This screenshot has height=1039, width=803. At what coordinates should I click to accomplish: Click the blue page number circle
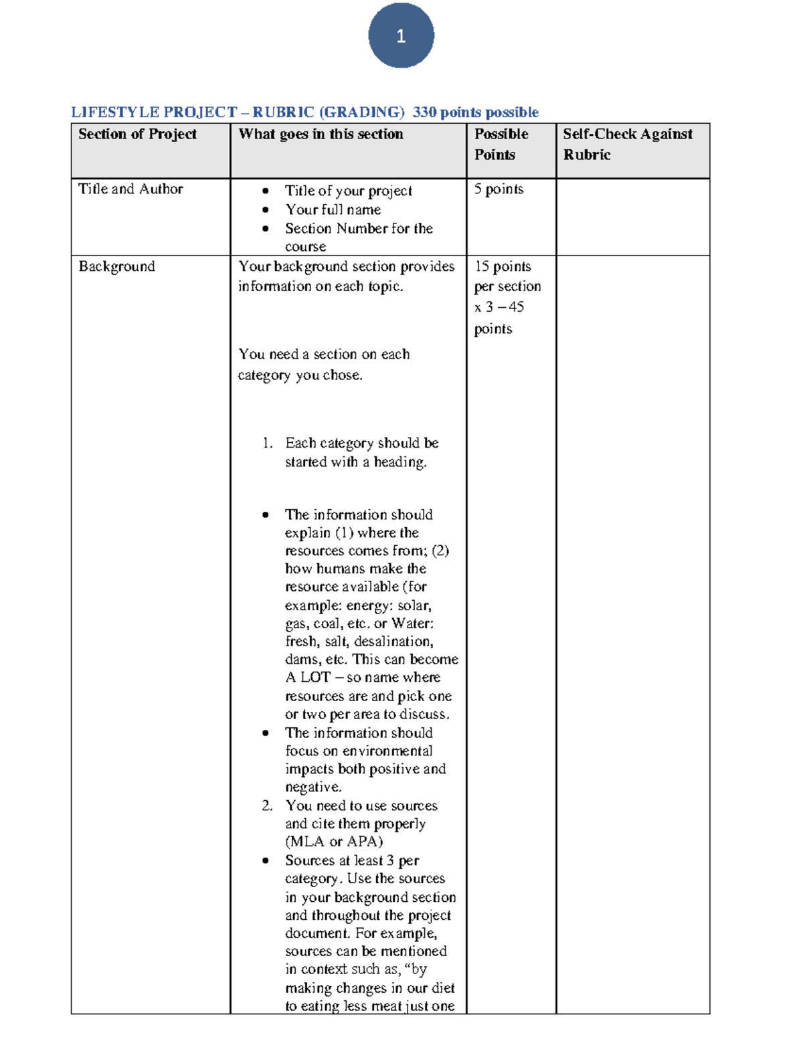coord(401,35)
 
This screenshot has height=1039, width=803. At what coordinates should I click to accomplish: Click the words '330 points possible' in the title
coord(475,112)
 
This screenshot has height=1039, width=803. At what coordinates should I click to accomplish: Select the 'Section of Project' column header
coord(137,134)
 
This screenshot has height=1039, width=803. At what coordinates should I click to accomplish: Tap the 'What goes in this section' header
coord(321,134)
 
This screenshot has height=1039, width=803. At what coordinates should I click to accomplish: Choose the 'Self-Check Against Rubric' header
coord(627,144)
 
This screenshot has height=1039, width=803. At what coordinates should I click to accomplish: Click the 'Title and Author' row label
coord(130,189)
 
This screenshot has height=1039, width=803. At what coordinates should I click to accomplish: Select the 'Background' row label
coord(116,266)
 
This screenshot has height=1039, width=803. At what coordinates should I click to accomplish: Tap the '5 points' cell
coord(499,189)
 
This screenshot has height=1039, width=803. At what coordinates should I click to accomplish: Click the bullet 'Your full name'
coord(333,209)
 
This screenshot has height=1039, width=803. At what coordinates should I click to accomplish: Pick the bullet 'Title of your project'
coord(348,191)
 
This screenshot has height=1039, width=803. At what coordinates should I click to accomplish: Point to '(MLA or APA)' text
coord(334,842)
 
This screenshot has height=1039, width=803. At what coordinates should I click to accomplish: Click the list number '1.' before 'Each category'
coord(268,443)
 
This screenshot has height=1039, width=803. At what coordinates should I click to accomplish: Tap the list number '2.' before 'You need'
coord(268,806)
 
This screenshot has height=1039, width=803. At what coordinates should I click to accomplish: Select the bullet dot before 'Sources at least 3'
coord(266,860)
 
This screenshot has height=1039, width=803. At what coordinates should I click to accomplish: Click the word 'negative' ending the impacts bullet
coord(313,787)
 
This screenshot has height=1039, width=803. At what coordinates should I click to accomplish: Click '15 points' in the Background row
coord(503,266)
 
